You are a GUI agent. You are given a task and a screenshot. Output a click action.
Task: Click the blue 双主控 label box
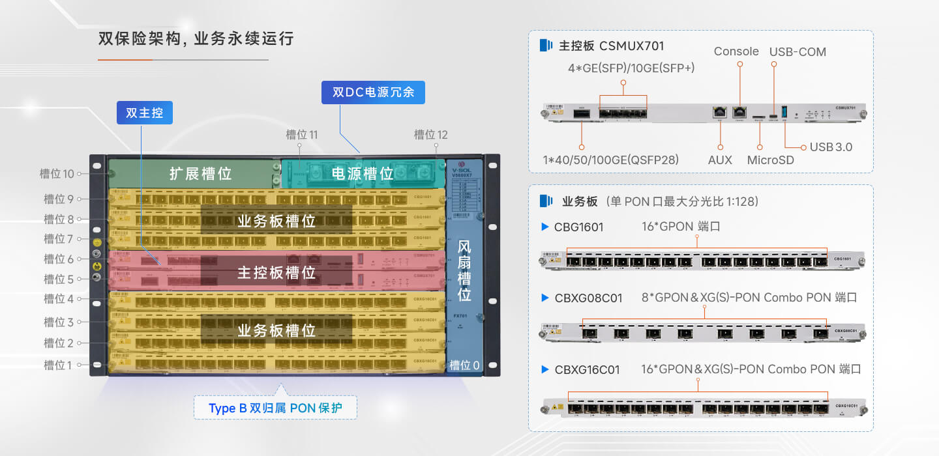(x=145, y=113)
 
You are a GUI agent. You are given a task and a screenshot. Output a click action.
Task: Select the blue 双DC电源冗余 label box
(x=373, y=93)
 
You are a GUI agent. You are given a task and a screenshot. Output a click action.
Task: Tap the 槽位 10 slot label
(x=57, y=174)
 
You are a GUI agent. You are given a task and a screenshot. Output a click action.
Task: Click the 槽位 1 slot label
(x=58, y=365)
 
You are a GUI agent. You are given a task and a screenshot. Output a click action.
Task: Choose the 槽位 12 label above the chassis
(x=431, y=135)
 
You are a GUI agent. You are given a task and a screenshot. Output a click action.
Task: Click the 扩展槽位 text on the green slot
(x=200, y=174)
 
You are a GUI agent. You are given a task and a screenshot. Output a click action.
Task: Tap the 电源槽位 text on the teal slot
(x=363, y=174)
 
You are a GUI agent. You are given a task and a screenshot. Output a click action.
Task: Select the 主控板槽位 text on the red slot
(x=276, y=272)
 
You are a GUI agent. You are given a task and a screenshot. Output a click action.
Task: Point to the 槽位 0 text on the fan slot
(x=465, y=365)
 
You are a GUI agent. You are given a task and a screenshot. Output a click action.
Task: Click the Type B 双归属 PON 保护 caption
(x=275, y=408)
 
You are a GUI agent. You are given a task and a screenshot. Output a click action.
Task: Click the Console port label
(x=736, y=51)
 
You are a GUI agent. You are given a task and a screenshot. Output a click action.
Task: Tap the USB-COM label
(x=797, y=52)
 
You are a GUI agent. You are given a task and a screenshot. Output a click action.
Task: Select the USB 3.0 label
(x=831, y=147)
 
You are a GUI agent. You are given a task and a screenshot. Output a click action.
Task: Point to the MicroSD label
(x=770, y=160)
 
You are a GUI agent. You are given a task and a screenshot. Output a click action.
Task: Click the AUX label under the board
(x=720, y=160)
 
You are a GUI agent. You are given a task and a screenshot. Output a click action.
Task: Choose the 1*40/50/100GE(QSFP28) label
(x=611, y=160)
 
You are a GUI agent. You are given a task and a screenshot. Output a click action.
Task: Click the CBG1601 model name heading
(x=578, y=227)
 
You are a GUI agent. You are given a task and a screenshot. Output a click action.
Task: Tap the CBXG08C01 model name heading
(x=588, y=298)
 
